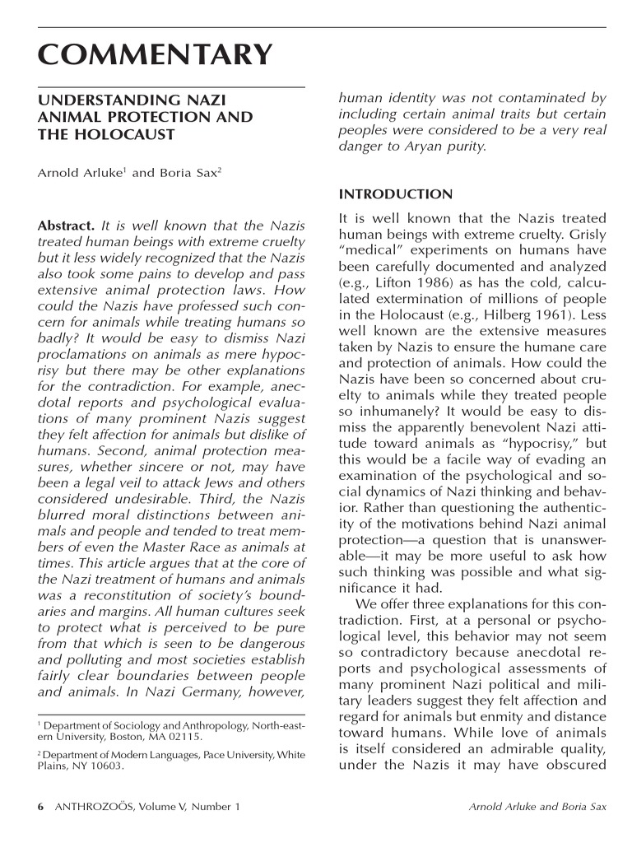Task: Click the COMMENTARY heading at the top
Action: pos(155,55)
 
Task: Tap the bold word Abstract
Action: pos(66,226)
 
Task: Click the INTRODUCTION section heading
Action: pos(395,195)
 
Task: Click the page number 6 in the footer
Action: pos(41,807)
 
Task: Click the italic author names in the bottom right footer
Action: pos(537,807)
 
